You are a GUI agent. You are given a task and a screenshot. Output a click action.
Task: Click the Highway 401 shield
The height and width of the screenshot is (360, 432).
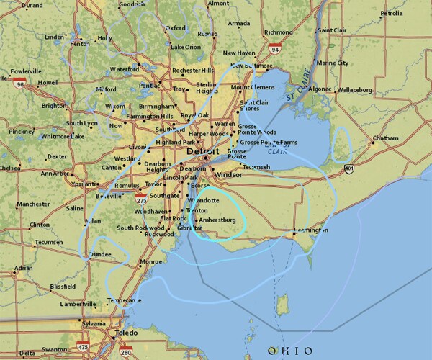pos(349,168)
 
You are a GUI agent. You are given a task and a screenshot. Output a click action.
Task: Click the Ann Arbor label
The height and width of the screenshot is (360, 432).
pos(55,173)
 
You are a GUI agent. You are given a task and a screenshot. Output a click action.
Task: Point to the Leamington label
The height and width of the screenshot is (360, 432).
pos(312,229)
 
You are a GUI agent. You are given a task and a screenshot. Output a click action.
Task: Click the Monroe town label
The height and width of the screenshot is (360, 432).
pos(150,261)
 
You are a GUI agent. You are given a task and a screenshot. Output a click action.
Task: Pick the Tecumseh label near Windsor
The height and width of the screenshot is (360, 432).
pos(256,166)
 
